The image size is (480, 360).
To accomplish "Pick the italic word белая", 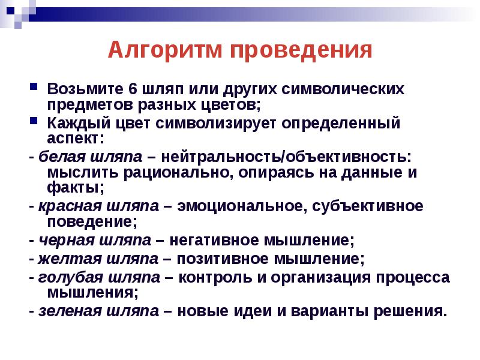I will pos(58,156).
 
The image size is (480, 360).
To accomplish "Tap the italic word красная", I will pos(67,206).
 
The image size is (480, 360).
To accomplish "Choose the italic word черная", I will pos(63,241).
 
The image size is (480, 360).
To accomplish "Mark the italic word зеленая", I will pos(67,312).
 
